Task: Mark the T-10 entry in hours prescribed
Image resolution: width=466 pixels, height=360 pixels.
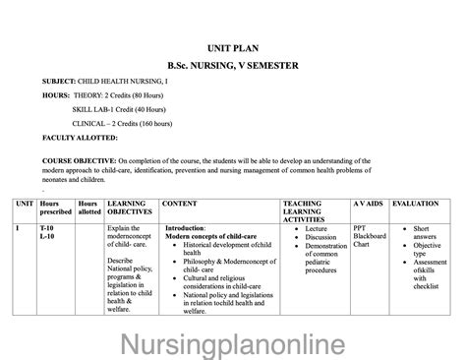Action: click(47, 228)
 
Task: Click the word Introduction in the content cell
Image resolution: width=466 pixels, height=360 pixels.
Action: click(185, 228)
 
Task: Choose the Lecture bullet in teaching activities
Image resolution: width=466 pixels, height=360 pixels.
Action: click(320, 228)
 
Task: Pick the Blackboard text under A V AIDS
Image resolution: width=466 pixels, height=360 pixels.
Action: click(371, 236)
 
